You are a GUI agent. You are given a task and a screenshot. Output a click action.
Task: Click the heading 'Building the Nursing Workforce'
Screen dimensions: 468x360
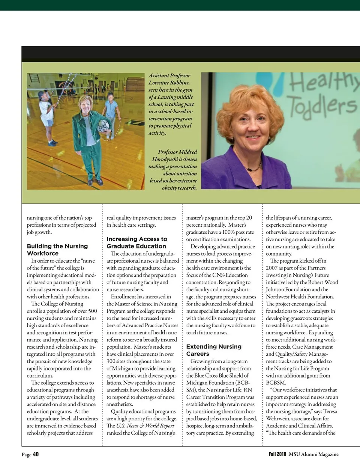click(57, 250)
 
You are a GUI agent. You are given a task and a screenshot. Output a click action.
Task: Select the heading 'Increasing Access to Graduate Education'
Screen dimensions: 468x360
click(136, 242)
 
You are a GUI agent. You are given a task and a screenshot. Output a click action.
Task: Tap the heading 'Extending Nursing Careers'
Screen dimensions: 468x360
click(214, 350)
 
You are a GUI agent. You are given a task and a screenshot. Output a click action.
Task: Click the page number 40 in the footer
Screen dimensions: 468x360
click(36, 454)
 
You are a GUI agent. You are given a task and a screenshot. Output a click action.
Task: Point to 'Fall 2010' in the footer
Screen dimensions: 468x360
click(277, 454)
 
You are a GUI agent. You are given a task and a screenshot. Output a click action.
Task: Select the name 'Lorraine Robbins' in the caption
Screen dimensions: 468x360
click(169, 83)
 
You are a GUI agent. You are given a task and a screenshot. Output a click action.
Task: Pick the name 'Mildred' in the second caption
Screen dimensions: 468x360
click(188, 152)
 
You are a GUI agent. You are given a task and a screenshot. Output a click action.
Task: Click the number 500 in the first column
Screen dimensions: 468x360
click(92, 311)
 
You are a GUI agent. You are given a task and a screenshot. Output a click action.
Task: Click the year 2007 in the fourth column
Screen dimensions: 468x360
click(272, 268)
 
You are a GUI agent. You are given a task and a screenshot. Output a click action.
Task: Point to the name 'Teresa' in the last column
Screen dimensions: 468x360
click(330, 411)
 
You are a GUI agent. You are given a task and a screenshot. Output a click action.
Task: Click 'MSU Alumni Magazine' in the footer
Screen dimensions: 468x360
click(313, 454)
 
